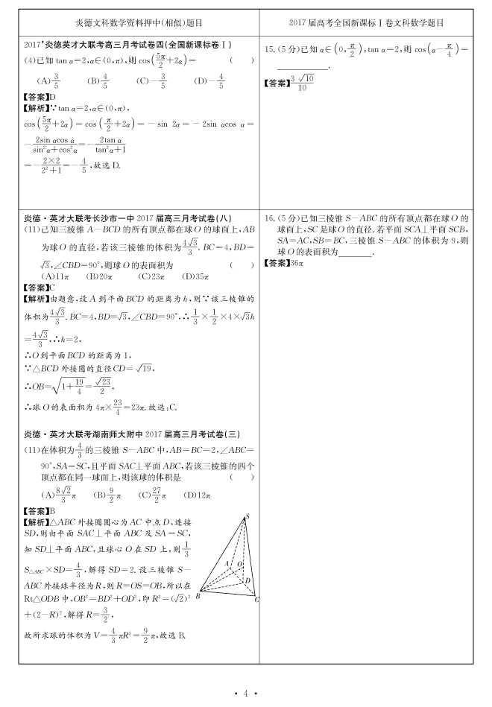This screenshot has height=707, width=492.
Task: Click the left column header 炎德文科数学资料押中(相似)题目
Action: tap(139, 24)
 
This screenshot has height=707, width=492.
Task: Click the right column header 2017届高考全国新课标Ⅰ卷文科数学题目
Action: tap(370, 24)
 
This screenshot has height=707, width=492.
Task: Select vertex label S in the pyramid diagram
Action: tap(247, 517)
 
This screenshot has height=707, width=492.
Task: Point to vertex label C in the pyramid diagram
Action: tap(256, 599)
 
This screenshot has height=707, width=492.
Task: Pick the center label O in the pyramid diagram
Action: tap(239, 564)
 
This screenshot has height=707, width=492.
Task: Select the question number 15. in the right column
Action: tap(271, 49)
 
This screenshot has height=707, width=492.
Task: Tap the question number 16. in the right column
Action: tap(271, 218)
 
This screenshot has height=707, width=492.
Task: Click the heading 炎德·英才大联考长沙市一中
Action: tap(89, 218)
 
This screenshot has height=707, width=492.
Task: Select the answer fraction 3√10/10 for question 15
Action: tap(301, 81)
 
